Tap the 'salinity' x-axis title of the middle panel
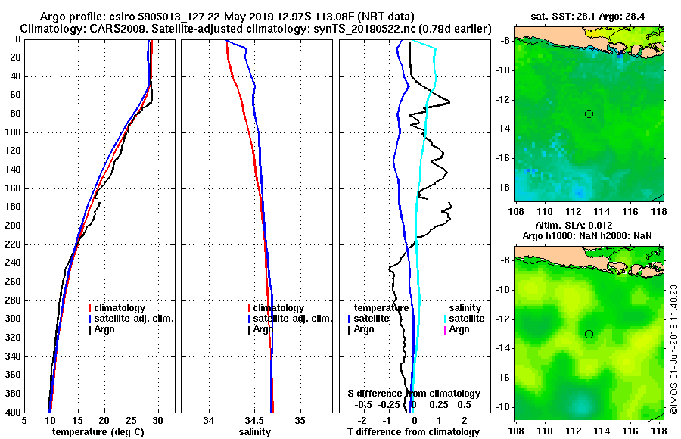(255, 432)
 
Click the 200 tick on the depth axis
(13, 226)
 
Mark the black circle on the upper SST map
(589, 114)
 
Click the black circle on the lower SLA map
(589, 334)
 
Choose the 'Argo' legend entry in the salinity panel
(263, 329)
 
